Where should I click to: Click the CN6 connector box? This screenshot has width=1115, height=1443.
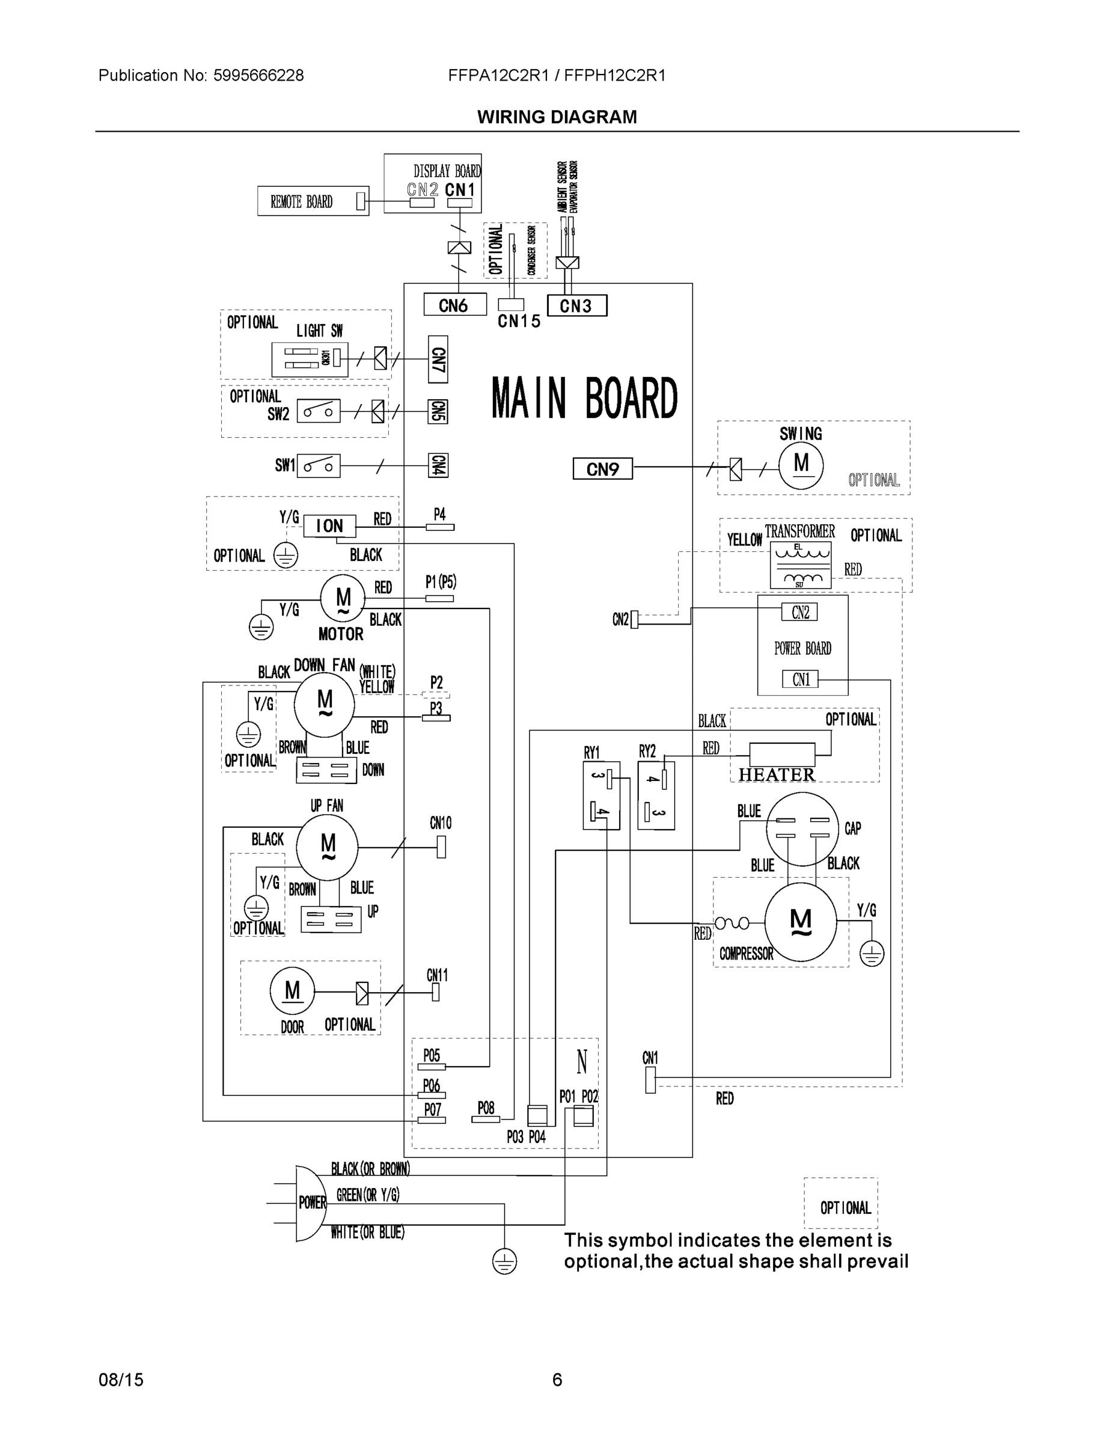(x=454, y=305)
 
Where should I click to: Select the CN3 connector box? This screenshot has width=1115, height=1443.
(x=576, y=305)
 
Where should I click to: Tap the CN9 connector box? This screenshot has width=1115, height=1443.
(x=602, y=468)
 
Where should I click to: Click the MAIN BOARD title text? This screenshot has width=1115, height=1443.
(x=585, y=399)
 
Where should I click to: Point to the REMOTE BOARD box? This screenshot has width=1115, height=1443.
(x=313, y=201)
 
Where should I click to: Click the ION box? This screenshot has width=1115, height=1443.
(x=329, y=526)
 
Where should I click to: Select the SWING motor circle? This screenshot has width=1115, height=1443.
(x=801, y=465)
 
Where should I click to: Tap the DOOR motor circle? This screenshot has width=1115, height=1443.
(x=292, y=991)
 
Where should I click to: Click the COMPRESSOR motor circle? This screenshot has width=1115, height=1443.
(x=800, y=919)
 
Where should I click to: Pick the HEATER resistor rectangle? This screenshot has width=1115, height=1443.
(x=782, y=753)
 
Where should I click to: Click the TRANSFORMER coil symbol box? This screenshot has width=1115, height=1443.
(x=800, y=565)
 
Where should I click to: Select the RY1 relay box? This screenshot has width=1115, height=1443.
(x=601, y=795)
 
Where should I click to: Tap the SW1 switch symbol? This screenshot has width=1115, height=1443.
(x=319, y=466)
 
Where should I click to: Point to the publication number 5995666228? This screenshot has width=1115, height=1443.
(x=258, y=75)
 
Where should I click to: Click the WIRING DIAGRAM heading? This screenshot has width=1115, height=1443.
(x=557, y=117)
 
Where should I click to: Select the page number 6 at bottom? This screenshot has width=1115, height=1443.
(x=557, y=1380)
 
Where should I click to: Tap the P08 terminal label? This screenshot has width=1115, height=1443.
(x=486, y=1108)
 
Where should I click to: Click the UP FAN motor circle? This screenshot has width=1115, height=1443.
(x=327, y=847)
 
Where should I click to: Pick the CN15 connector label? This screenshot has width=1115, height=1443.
(x=519, y=321)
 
